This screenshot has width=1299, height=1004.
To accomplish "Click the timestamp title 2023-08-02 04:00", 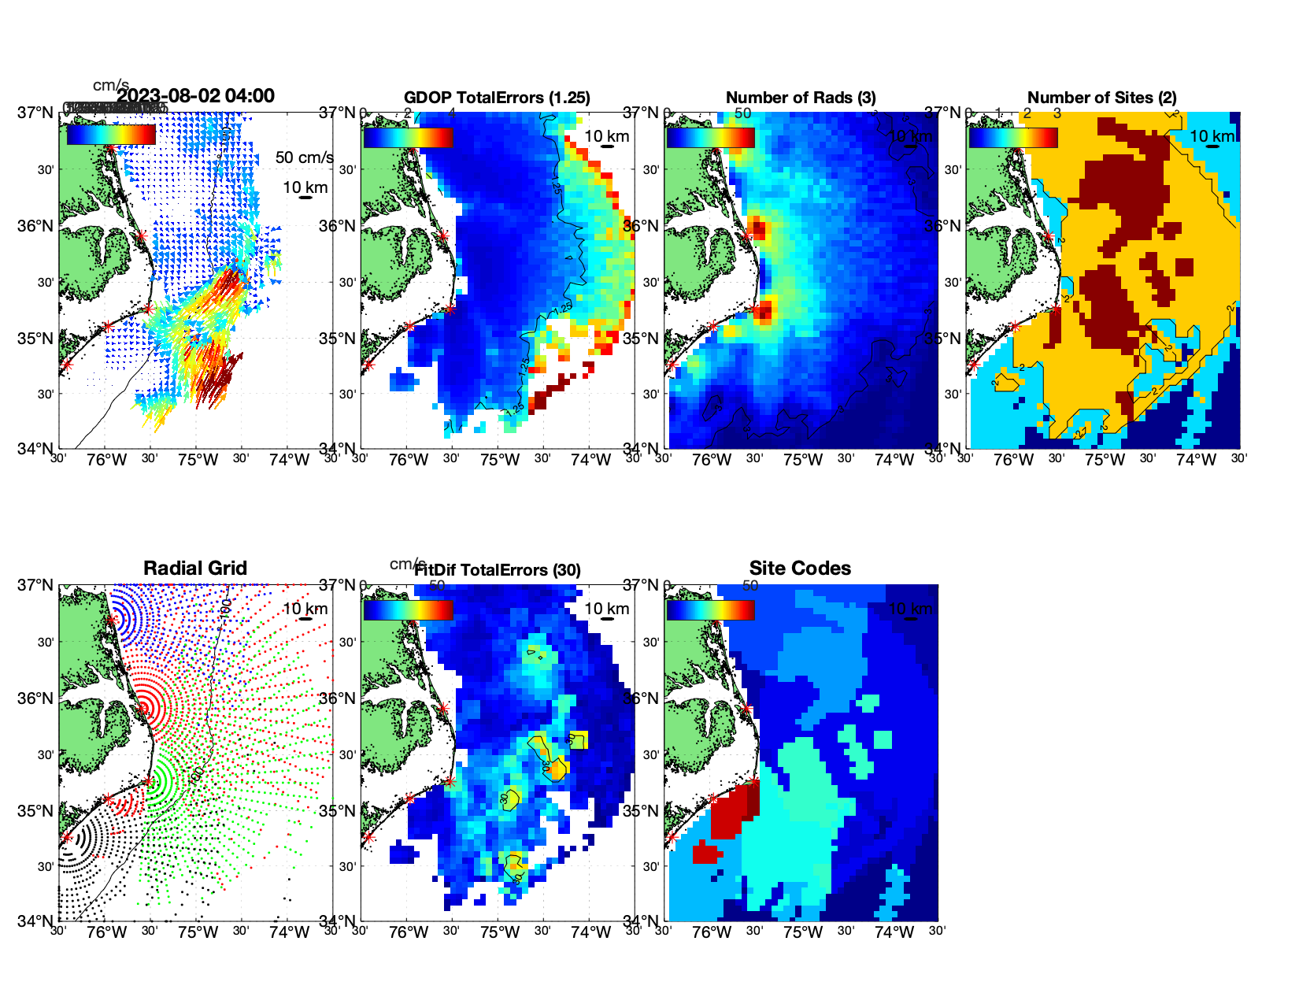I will pos(196,96).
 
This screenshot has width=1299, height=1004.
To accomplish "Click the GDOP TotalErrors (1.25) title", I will pos(497,98).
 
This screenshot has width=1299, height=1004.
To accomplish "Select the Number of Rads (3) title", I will pos(801,98).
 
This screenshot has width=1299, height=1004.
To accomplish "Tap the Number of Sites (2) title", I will pos(1102,98).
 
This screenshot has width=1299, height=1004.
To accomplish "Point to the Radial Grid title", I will pos(195,569).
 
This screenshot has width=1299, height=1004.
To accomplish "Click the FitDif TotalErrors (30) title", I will pos(498,570).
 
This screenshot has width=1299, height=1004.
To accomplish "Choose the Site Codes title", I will pos(800,569).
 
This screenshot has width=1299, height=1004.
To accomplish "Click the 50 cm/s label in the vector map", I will pos(304,157).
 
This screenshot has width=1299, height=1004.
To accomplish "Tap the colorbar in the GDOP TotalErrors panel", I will pos(408,137).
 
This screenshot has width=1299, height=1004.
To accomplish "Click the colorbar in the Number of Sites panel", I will pos(1013,137).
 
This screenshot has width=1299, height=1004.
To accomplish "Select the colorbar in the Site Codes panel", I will pos(710,609).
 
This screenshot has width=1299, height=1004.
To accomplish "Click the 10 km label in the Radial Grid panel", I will pos(305,609).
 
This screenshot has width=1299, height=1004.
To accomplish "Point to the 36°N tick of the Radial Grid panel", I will pos(36,698).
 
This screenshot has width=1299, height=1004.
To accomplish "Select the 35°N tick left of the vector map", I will pos(36,339).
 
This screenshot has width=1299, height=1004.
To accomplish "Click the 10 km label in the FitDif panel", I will pos(606,609).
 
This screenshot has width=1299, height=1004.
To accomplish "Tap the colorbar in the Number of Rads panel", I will pos(710,137).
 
